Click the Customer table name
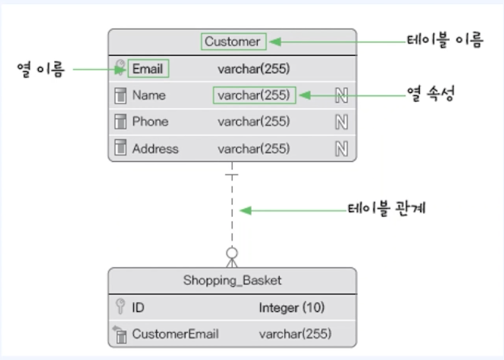pos(233,41)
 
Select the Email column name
pos(147,68)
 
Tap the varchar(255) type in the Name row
pos(254,95)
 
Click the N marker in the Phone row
pos(342,122)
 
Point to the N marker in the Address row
pos(342,149)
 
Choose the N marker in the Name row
pos(342,95)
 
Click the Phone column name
pos(150,122)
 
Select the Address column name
pos(155,149)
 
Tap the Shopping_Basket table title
pos(233,280)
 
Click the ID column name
pos(138,307)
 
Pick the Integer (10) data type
pos(292,308)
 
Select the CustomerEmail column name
pos(176,334)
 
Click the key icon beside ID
pos(120,306)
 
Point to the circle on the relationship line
pos(232,253)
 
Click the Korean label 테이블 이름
pos(445,40)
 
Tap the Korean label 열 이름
pos(41,70)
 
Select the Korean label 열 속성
pos(431,94)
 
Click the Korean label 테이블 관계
pos(387,208)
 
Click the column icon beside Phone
pos(120,122)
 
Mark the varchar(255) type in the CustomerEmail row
pos(295,334)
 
